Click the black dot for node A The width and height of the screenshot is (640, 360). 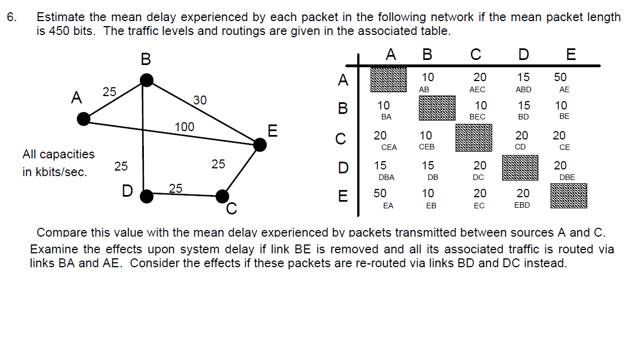pyautogui.click(x=84, y=118)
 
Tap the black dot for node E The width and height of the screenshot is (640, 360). pyautogui.click(x=259, y=145)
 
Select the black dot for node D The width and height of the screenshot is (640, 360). pyautogui.click(x=146, y=196)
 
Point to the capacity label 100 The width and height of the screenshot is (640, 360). pyautogui.click(x=184, y=127)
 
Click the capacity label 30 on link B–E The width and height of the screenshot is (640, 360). pyautogui.click(x=200, y=100)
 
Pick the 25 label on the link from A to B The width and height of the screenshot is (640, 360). pyautogui.click(x=109, y=92)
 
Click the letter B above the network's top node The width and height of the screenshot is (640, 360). pyautogui.click(x=146, y=58)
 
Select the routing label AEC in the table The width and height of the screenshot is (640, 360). pyautogui.click(x=477, y=89)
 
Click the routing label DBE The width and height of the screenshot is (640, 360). pyautogui.click(x=567, y=177)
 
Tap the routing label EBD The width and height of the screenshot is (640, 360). pyautogui.click(x=522, y=205)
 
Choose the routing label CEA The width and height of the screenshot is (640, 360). pyautogui.click(x=389, y=147)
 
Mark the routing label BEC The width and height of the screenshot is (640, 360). pyautogui.click(x=477, y=117)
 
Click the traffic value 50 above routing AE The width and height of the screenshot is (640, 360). pyautogui.click(x=561, y=78)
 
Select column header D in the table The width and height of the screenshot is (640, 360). pyautogui.click(x=523, y=54)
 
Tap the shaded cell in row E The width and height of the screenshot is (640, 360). pyautogui.click(x=568, y=196)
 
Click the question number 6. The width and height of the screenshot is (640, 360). pyautogui.click(x=12, y=17)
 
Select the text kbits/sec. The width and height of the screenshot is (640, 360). pyautogui.click(x=61, y=172)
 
